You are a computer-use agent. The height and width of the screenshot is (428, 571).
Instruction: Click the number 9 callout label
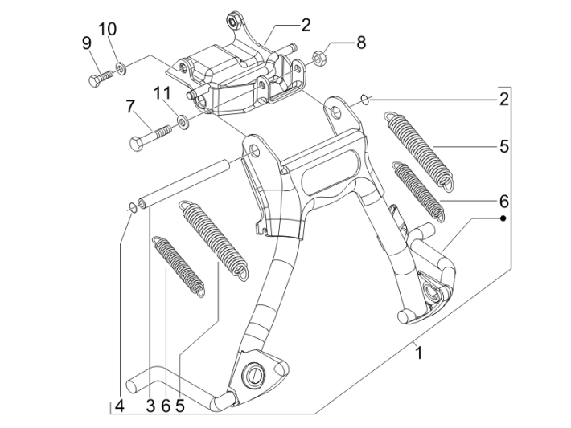point(86,43)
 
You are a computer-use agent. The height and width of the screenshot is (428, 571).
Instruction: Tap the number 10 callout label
point(107,29)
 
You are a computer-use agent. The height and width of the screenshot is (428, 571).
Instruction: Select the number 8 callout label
point(361,43)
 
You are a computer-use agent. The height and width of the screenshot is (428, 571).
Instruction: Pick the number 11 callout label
point(163,93)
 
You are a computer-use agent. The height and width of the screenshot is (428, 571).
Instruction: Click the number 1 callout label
point(417,351)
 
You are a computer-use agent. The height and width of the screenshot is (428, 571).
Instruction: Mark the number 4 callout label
point(119,406)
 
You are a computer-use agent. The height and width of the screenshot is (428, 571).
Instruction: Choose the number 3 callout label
point(150,406)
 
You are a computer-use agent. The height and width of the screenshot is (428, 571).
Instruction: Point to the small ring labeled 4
point(130,208)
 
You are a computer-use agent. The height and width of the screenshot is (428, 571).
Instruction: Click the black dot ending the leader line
point(503,218)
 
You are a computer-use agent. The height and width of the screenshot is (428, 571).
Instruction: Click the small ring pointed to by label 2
point(364,100)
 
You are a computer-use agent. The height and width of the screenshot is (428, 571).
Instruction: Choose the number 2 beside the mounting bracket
point(306,25)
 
